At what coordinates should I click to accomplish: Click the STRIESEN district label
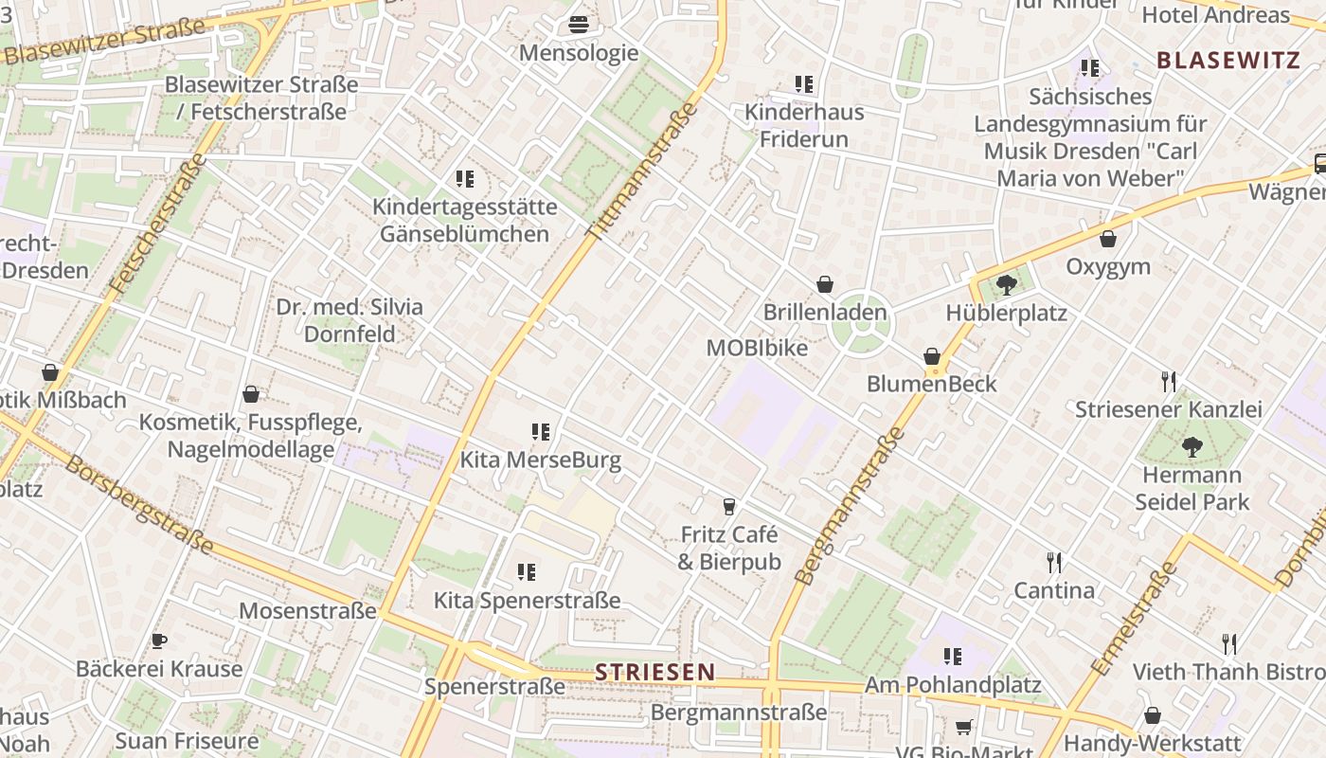(x=654, y=672)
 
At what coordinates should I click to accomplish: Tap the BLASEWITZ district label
(x=1227, y=61)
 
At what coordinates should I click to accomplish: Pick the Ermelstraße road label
(x=1134, y=618)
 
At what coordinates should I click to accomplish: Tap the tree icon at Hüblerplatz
(x=1006, y=283)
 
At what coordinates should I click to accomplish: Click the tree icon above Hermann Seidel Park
(x=1192, y=446)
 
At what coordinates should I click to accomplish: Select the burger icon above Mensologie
(x=579, y=25)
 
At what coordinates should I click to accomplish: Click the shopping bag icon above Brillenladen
(x=825, y=283)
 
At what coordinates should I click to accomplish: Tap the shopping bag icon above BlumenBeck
(x=932, y=356)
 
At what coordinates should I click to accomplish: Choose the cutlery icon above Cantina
(x=1054, y=562)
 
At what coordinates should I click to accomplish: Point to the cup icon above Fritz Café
(x=728, y=506)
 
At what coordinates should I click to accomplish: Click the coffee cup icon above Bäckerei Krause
(x=159, y=641)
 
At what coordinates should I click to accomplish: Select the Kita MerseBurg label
(x=540, y=460)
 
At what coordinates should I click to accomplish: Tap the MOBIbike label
(x=757, y=348)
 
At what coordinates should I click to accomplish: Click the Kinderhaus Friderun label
(x=804, y=125)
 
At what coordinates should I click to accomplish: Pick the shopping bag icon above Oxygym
(x=1107, y=239)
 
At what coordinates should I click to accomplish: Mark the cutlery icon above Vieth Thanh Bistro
(x=1229, y=644)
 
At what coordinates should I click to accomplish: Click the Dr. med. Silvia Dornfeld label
(x=349, y=320)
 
